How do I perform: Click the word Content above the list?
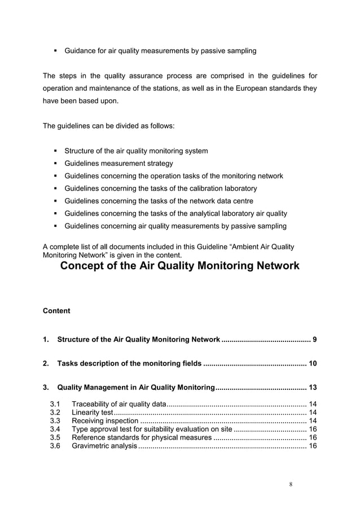[56, 311]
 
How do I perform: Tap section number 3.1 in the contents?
[55, 404]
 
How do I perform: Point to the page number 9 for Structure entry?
[314, 340]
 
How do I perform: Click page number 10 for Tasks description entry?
[311, 363]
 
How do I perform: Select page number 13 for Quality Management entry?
[311, 388]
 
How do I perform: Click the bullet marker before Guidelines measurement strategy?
[55, 164]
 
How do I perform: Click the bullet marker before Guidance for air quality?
[55, 51]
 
